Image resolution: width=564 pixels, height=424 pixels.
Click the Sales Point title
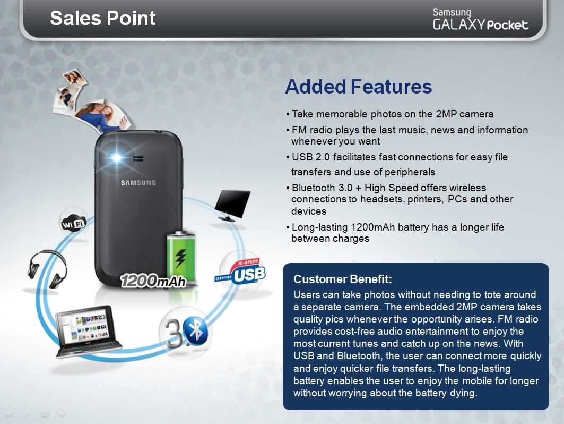click(102, 18)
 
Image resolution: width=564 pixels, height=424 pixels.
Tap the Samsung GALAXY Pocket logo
click(480, 20)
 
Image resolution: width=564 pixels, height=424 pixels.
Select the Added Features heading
click(358, 87)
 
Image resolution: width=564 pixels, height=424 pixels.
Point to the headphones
click(47, 269)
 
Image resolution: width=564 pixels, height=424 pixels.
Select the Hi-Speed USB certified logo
click(240, 272)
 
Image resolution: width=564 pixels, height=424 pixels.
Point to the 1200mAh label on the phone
click(153, 281)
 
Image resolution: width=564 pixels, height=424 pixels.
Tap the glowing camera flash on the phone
click(116, 157)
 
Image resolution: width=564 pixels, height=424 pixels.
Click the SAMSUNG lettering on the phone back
click(138, 183)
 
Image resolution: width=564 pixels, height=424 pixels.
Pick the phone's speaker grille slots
click(138, 158)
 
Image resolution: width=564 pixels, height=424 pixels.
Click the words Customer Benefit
click(342, 279)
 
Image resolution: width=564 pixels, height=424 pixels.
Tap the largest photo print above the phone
click(102, 115)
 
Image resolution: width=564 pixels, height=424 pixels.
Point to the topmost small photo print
click(74, 77)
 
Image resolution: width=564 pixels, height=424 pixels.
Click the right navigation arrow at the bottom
click(62, 414)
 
